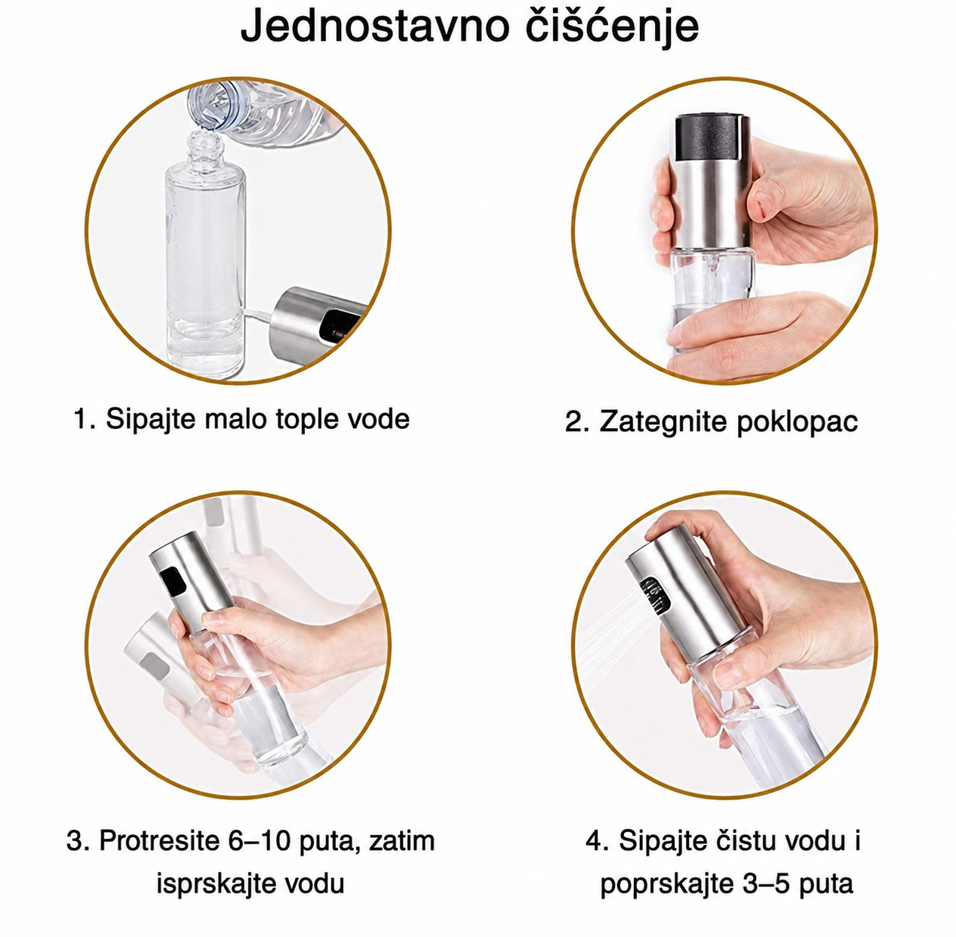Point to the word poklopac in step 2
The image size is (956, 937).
(797, 423)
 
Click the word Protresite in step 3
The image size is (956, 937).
(159, 840)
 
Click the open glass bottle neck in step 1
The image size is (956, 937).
(204, 149)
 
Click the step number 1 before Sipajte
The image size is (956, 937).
(82, 418)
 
